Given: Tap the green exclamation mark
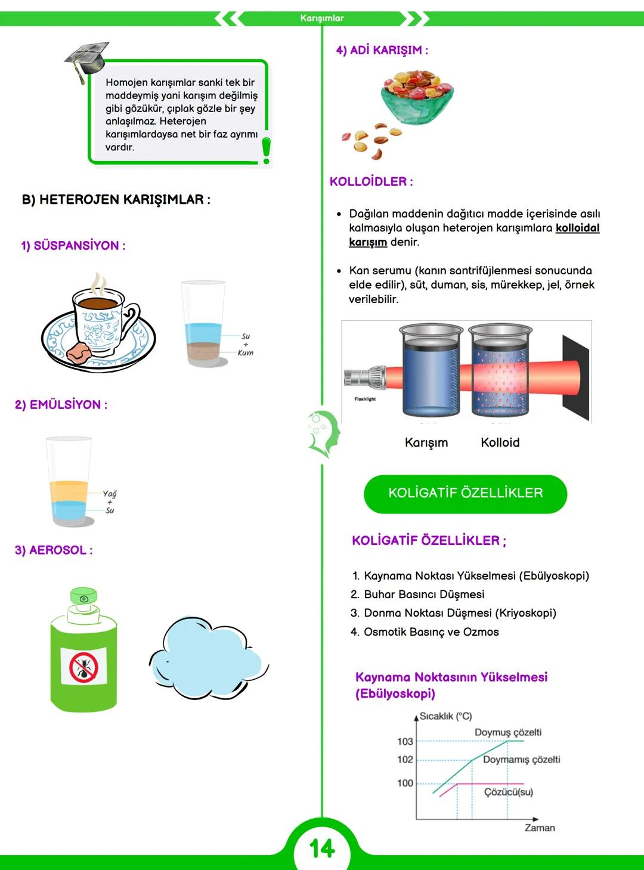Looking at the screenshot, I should pyautogui.click(x=266, y=150).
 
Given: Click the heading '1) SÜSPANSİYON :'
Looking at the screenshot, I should pyautogui.click(x=73, y=246).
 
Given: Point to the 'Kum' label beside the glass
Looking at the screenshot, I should pyautogui.click(x=245, y=353).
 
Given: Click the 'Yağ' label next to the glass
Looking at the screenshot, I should pyautogui.click(x=110, y=494).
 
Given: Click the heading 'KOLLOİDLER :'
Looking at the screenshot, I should pyautogui.click(x=371, y=182).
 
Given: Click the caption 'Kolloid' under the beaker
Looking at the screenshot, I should pyautogui.click(x=500, y=442).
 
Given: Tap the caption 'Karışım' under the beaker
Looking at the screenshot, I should pyautogui.click(x=426, y=442).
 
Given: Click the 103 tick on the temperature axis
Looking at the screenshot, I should pyautogui.click(x=405, y=741).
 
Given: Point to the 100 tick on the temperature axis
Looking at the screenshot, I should pyautogui.click(x=405, y=783).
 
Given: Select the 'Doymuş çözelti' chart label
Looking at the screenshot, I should pyautogui.click(x=508, y=732).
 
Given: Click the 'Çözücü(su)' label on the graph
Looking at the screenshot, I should pyautogui.click(x=509, y=792).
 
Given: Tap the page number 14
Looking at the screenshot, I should pyautogui.click(x=322, y=849).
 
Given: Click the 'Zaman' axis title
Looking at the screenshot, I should pyautogui.click(x=540, y=828).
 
